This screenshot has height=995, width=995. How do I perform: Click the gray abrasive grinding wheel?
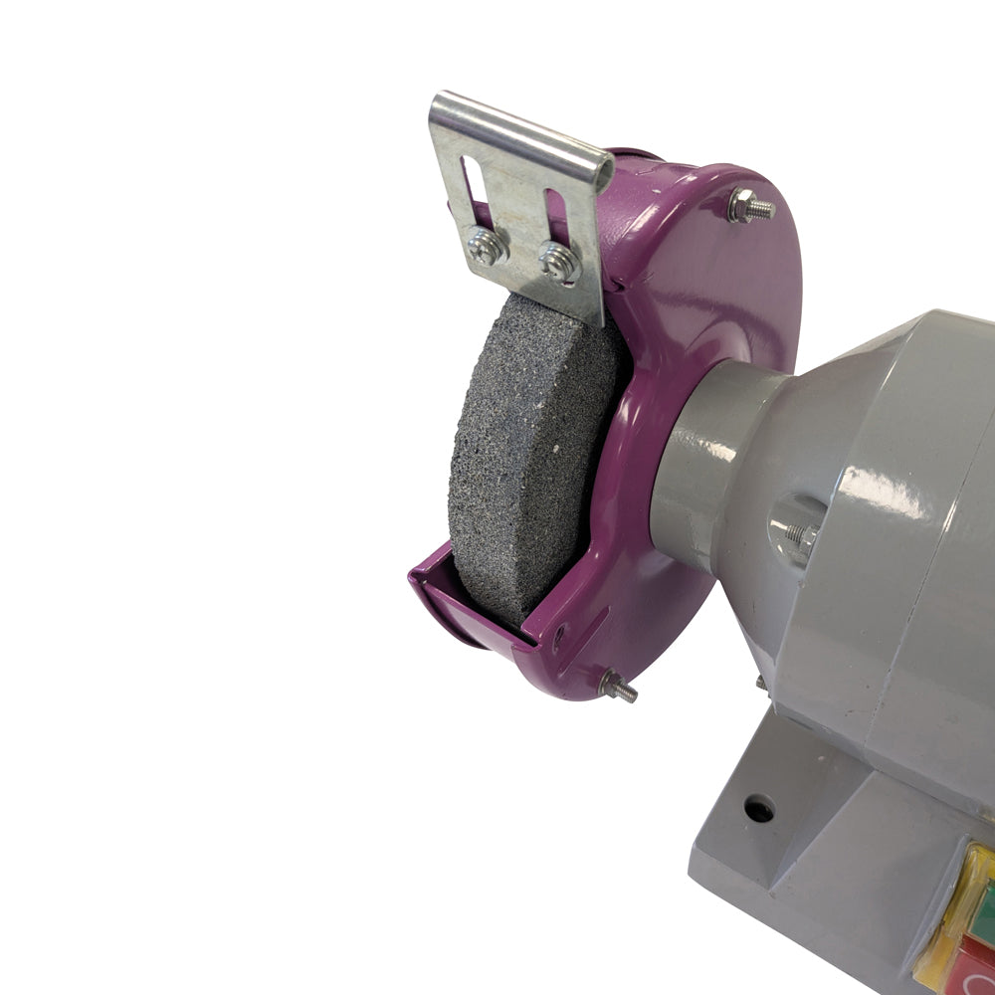point(527,448)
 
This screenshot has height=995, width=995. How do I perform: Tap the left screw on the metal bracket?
point(486,247)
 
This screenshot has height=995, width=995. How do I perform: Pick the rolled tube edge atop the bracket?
point(517,129)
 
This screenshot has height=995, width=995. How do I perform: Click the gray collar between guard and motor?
point(696,468)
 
